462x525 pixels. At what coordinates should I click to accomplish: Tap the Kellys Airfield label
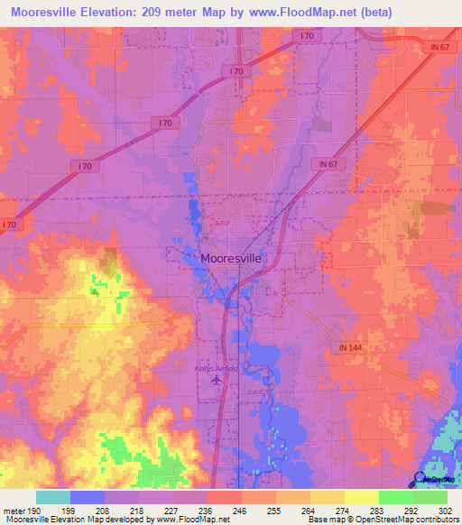pyautogui.click(x=216, y=368)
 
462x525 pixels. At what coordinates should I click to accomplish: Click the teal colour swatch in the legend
pyautogui.click(x=53, y=497)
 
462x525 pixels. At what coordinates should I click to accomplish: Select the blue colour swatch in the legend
pyautogui.click(x=88, y=497)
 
